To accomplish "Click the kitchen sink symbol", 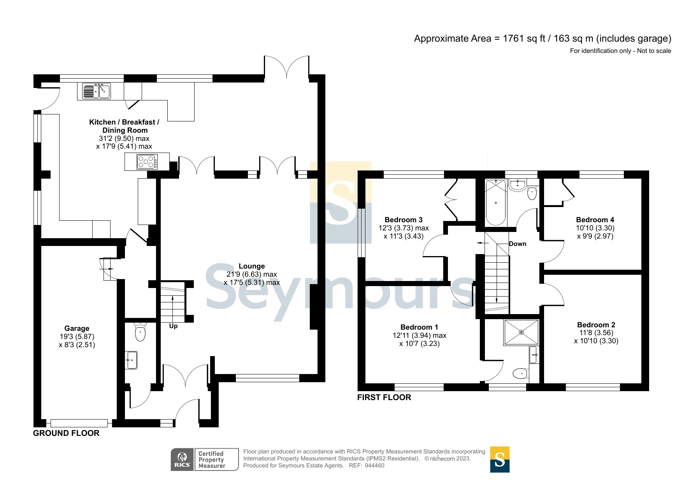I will [96, 91].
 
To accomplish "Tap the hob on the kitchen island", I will [147, 162].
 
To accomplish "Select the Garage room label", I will [77, 328].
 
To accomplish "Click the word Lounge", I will [251, 266].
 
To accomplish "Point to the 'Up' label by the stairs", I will [173, 326].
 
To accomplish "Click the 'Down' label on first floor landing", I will [518, 244].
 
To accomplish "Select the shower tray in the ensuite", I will [521, 332].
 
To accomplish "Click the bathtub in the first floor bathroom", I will [495, 202].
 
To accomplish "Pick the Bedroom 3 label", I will [403, 220].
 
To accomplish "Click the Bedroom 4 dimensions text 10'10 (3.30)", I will [595, 228].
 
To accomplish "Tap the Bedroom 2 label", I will [596, 325].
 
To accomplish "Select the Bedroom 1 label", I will [419, 327].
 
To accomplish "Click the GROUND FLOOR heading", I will [66, 433].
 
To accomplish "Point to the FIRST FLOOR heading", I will [384, 397].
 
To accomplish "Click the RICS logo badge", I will [182, 460].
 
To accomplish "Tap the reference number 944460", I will [374, 465].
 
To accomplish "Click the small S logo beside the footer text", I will [499, 460].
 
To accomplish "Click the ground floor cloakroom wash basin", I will [132, 360].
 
